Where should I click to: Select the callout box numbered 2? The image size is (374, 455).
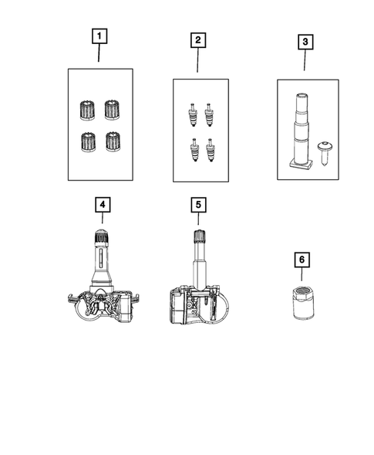[x=197, y=40]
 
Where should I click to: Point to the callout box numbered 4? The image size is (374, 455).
[x=102, y=205]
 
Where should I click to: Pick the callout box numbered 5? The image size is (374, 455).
[x=197, y=205]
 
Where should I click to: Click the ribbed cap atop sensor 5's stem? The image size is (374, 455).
[x=197, y=237]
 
